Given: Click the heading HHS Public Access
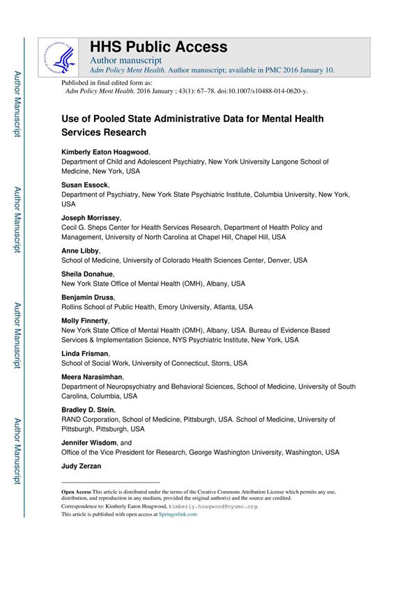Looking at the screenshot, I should click(158, 47).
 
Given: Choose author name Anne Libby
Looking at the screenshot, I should click(80, 251).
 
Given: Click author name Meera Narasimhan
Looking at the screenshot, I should click(92, 377).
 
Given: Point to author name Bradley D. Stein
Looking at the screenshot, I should click(88, 410).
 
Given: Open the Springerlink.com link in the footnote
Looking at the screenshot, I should click(178, 515).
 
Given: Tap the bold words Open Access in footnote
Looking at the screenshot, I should click(76, 491).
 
